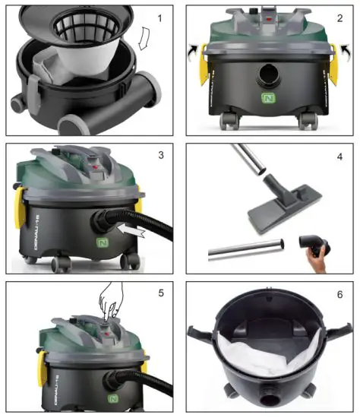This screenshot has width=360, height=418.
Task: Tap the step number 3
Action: click(160, 156)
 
